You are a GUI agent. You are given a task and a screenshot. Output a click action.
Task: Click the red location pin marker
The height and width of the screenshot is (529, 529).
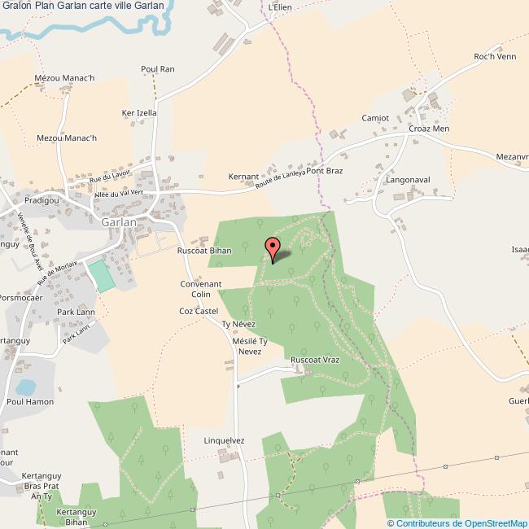pyautogui.click(x=273, y=247)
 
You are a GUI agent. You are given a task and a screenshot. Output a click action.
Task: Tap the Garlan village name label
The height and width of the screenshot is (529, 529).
pyautogui.click(x=119, y=221)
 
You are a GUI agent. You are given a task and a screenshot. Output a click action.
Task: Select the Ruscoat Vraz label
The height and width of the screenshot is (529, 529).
pyautogui.click(x=314, y=359)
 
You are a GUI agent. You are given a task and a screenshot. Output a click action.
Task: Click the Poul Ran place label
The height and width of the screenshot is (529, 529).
pyautogui.click(x=158, y=70)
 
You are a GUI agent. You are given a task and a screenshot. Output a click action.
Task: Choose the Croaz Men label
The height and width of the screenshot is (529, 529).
pyautogui.click(x=429, y=129)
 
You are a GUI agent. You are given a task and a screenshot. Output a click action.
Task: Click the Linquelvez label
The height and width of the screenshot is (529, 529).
pyautogui.click(x=224, y=440)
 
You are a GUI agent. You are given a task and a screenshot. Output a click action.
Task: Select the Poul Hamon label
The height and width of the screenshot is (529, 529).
pyautogui.click(x=30, y=401)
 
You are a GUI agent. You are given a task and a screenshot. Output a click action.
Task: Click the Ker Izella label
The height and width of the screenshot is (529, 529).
pyautogui.click(x=138, y=113)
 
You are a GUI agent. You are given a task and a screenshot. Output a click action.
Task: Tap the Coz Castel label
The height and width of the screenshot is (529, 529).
pyautogui.click(x=199, y=311)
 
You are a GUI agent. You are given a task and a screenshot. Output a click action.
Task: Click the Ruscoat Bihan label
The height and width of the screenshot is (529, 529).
pyautogui.click(x=204, y=251)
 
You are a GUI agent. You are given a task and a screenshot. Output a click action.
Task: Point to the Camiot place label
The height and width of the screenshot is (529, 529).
pyautogui.click(x=375, y=118)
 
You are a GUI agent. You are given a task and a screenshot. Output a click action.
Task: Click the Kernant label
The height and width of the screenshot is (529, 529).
pyautogui.click(x=243, y=176)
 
